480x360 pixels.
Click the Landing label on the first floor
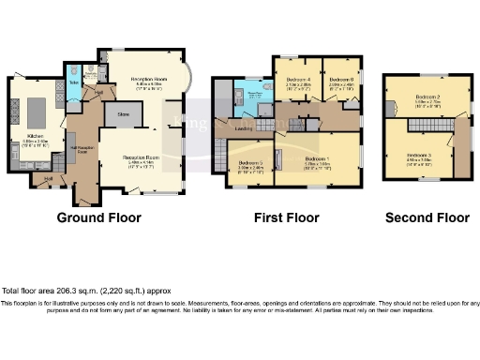[241, 128]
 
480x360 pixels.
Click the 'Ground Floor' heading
[99, 217]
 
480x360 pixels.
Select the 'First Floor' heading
[286, 217]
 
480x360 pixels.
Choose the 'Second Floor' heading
[427, 217]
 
